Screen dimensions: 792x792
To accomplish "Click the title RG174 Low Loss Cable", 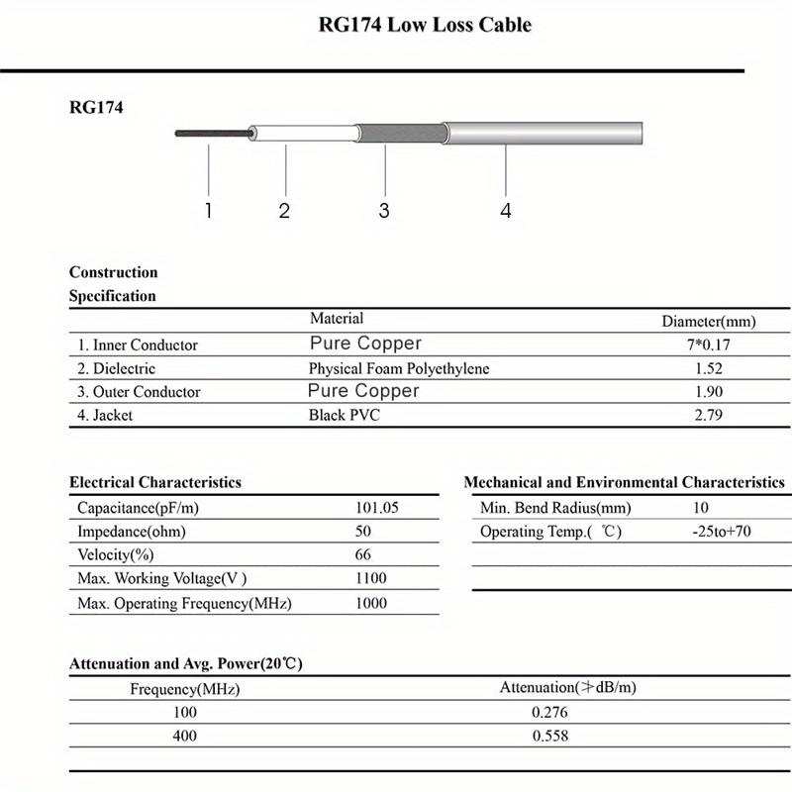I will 425,25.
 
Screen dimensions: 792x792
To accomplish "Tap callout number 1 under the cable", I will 208,211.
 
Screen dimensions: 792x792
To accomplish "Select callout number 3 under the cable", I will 384,211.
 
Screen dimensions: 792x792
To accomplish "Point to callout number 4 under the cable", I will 506,211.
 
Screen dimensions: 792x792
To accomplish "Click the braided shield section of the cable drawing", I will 398,134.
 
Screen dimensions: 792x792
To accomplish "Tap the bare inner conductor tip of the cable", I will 208,133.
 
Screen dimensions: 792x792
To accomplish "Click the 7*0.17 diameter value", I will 708,345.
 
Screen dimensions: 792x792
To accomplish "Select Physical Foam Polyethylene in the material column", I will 399,368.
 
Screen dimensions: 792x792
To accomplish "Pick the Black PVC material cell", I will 344,415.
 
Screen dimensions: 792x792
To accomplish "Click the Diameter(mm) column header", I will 708,321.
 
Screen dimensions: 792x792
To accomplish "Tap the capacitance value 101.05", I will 376,508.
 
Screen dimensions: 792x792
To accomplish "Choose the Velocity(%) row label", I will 116,554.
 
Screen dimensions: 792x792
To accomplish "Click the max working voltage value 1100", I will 370,578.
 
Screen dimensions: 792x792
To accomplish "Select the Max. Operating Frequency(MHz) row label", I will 184,603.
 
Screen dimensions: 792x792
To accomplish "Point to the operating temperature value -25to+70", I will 722,532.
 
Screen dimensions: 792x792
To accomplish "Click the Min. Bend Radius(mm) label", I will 555,508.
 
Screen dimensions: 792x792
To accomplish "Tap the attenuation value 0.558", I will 549,736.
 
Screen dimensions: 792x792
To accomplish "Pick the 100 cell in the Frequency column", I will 185,712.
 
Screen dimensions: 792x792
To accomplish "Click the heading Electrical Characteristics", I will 155,482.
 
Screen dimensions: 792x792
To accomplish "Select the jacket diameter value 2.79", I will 708,415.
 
